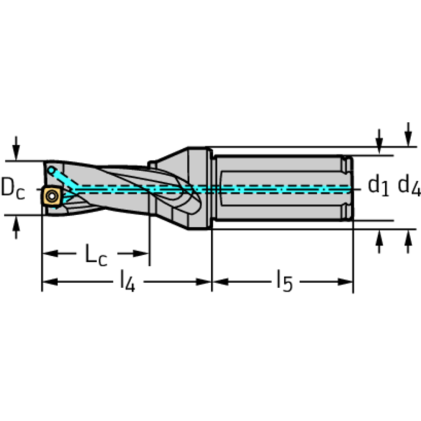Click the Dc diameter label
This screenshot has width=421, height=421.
click(13, 188)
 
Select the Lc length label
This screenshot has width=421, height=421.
click(95, 255)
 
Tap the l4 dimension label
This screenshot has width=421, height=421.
click(127, 282)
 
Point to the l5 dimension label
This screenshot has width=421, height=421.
click(284, 282)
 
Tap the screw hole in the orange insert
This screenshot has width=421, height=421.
click(52, 195)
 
